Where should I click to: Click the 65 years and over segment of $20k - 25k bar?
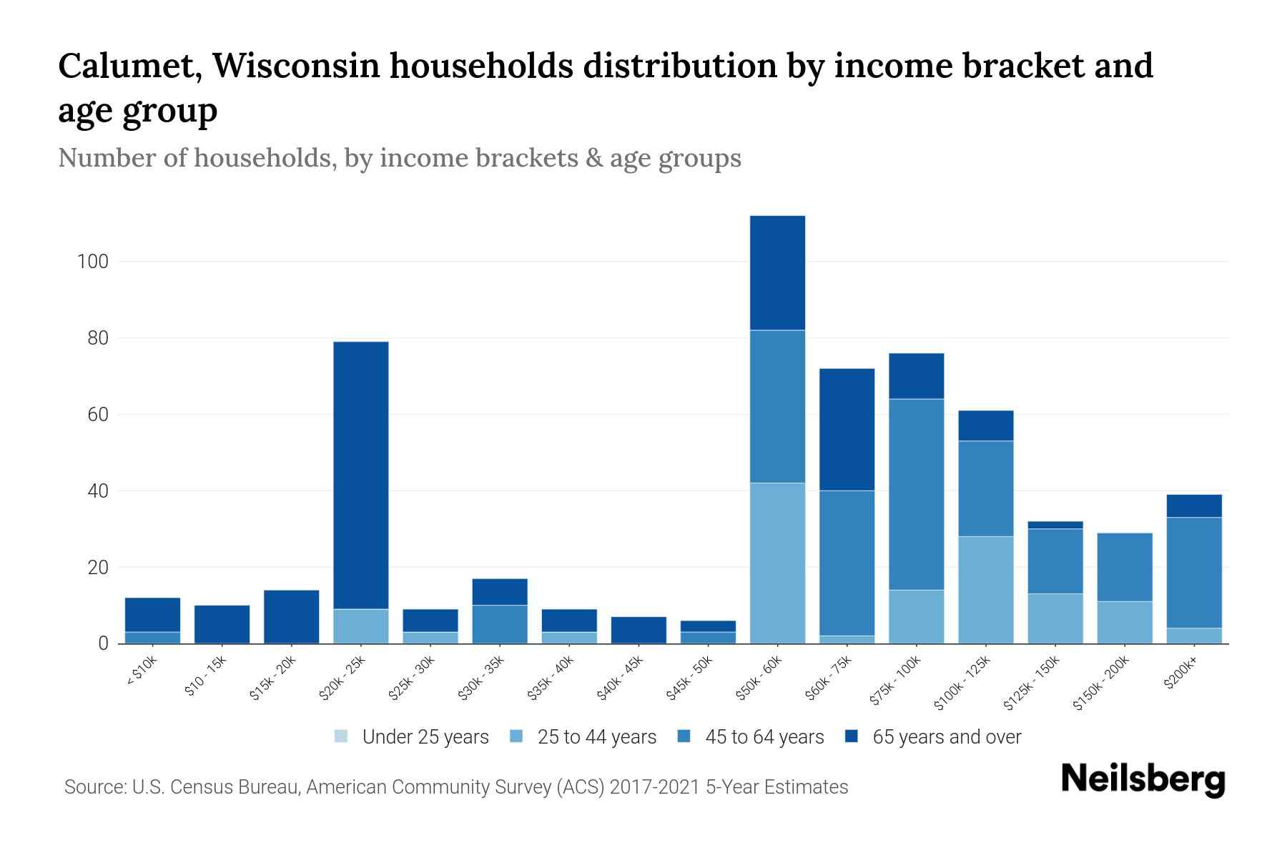pyautogui.click(x=361, y=475)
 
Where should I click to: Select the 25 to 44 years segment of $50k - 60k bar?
pyautogui.click(x=777, y=563)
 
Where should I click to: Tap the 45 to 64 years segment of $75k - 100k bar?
pyautogui.click(x=916, y=494)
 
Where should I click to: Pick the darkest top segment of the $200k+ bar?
pyautogui.click(x=1194, y=506)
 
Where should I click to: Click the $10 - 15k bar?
pyautogui.click(x=222, y=624)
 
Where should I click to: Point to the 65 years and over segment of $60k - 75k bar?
pyautogui.click(x=847, y=430)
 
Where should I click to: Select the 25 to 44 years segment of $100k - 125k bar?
pyautogui.click(x=985, y=590)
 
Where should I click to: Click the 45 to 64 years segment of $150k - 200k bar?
pyautogui.click(x=1125, y=567)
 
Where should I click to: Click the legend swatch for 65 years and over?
pyautogui.click(x=851, y=736)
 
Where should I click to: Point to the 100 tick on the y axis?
pyautogui.click(x=92, y=262)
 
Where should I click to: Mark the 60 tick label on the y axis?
pyautogui.click(x=97, y=415)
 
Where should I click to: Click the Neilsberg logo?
pyautogui.click(x=1143, y=779)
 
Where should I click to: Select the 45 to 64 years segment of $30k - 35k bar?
pyautogui.click(x=500, y=624)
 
